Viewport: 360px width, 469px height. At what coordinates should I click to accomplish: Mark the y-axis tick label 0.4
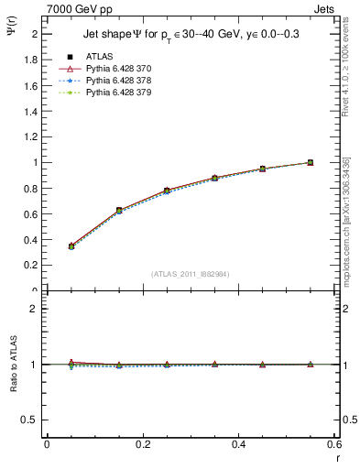point(30,240)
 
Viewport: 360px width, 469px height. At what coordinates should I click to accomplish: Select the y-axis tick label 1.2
point(30,136)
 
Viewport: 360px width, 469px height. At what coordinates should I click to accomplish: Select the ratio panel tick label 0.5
point(30,420)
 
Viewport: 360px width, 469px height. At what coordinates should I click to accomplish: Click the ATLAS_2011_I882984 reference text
point(191,273)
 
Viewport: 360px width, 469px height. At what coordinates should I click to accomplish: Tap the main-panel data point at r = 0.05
point(71,245)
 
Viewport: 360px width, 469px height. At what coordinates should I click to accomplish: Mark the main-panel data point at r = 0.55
point(311,162)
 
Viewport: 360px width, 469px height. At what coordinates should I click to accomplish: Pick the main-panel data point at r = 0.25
point(167,191)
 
